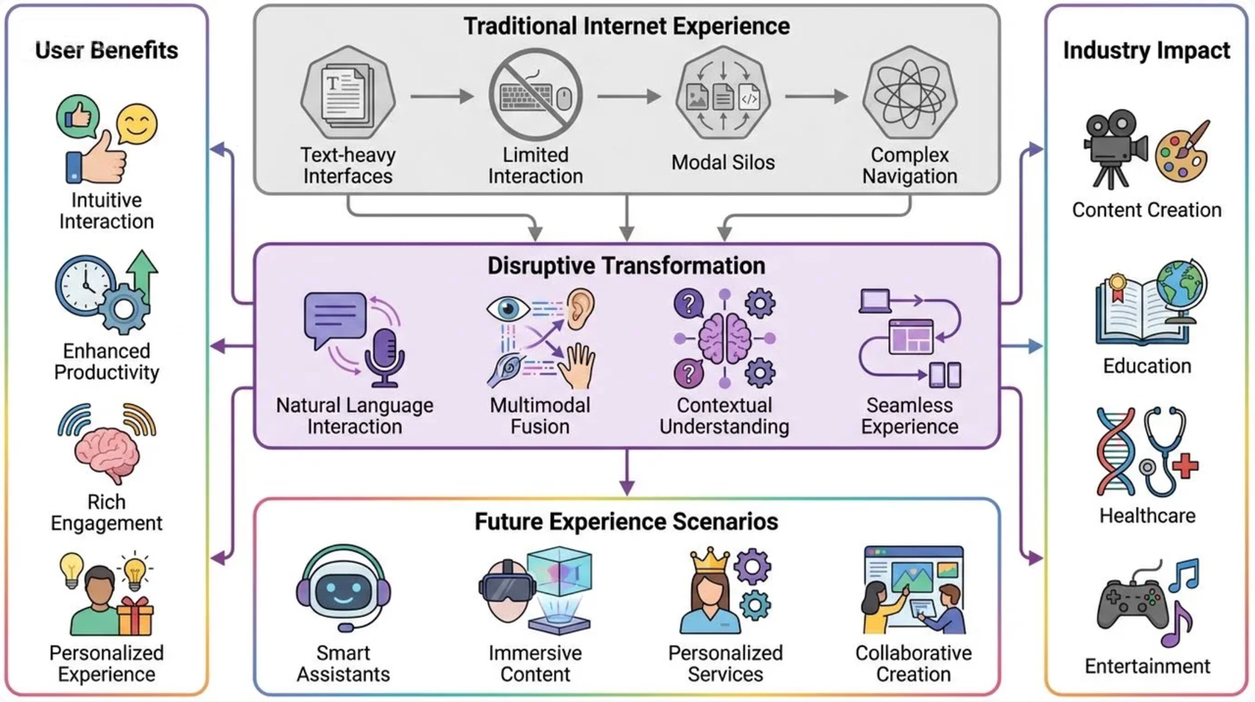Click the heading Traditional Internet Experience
(627, 25)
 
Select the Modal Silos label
(723, 163)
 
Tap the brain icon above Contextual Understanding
(725, 339)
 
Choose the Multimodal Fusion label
(539, 416)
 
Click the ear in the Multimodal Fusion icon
(580, 306)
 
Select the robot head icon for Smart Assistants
(343, 589)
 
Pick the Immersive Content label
(535, 664)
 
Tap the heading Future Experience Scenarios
(627, 522)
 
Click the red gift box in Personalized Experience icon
(135, 618)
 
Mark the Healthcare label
(1147, 516)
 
